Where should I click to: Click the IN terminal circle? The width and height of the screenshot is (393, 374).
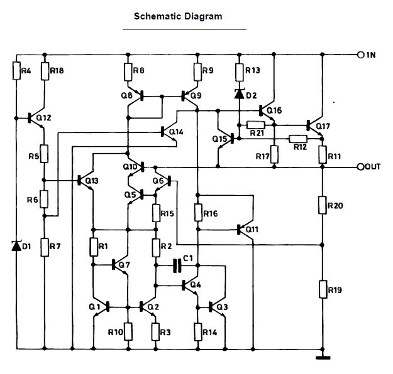(x=361, y=55)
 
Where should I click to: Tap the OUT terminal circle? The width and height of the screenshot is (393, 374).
(x=361, y=167)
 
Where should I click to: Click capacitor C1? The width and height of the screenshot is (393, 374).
(x=177, y=267)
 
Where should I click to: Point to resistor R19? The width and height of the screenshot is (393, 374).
(x=322, y=289)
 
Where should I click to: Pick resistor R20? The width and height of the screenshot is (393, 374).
(x=322, y=205)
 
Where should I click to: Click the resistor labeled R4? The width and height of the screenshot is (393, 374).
(x=16, y=71)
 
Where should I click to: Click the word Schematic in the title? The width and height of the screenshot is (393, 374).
(x=157, y=16)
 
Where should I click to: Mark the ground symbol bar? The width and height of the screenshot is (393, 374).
(x=322, y=358)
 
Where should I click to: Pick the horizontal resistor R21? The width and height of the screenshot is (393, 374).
(x=256, y=125)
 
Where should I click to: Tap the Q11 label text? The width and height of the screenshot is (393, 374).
(x=252, y=229)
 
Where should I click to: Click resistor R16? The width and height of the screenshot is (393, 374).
(x=198, y=213)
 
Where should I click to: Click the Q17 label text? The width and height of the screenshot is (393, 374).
(x=323, y=126)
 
